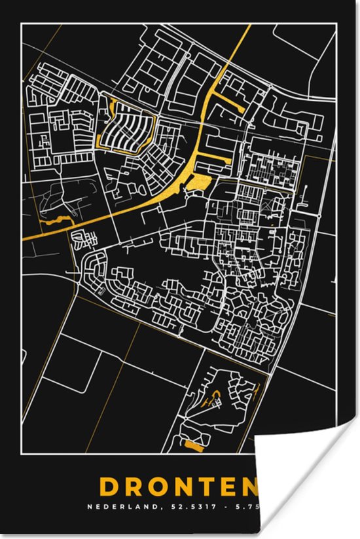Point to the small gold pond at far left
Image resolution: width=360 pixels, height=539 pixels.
pyautogui.click(x=56, y=221)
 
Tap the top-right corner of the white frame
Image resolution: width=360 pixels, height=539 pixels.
pyautogui.click(x=336, y=24)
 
